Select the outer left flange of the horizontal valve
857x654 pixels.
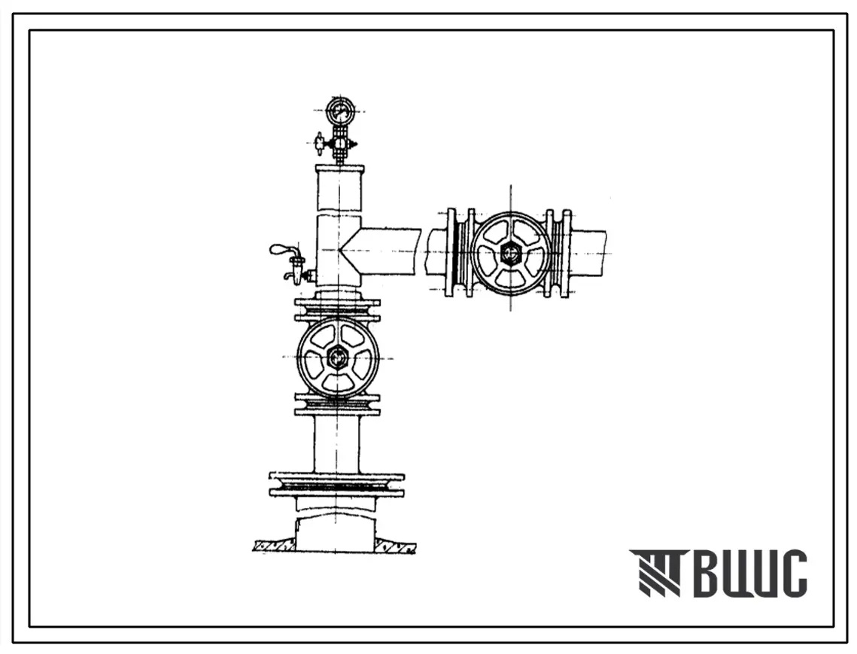pos(451,253)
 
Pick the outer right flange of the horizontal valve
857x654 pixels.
pos(567,253)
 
